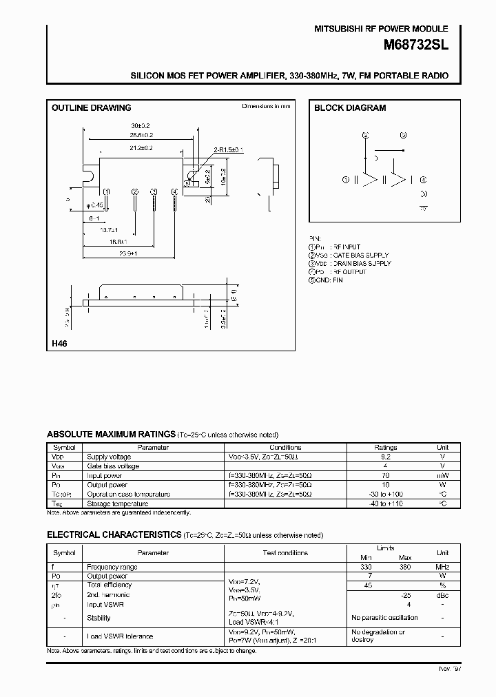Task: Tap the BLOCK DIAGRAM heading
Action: click(x=350, y=108)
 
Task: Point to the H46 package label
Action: click(x=59, y=343)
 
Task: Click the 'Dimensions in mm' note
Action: click(x=266, y=106)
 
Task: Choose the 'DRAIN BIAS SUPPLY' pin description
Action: click(x=361, y=263)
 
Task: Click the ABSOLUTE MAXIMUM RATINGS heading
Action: click(x=110, y=434)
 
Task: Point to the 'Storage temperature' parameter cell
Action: click(x=116, y=503)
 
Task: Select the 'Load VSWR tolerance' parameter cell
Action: click(x=120, y=636)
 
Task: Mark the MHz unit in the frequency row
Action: click(x=443, y=567)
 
